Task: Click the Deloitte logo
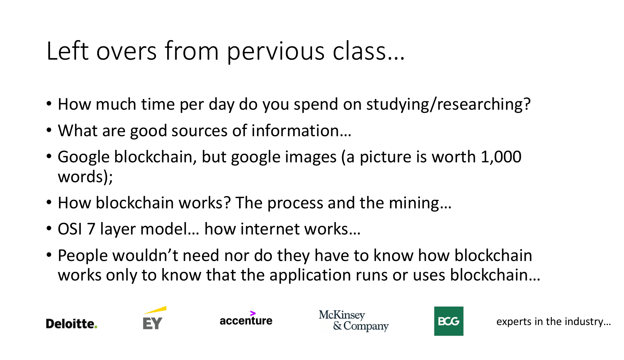point(71,324)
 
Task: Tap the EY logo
point(153,319)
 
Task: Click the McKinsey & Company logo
point(354,321)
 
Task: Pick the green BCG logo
point(448,321)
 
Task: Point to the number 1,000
point(501,157)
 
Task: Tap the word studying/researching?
point(448,105)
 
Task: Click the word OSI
point(70,229)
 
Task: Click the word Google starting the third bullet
point(84,157)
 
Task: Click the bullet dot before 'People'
point(49,254)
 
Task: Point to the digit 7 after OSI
point(91,229)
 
